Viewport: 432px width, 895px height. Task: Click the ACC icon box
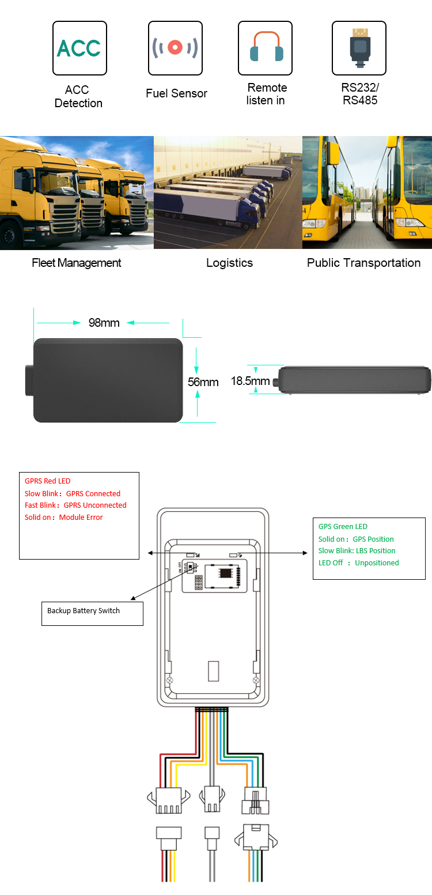(x=79, y=48)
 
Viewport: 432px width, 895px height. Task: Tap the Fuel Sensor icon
(x=175, y=48)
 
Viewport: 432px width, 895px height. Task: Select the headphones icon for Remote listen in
(x=266, y=48)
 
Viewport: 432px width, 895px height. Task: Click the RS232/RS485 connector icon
(x=359, y=48)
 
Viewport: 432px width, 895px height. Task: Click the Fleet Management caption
(x=77, y=263)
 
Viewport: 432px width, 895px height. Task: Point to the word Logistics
(x=229, y=263)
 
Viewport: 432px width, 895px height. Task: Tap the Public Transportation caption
(x=363, y=263)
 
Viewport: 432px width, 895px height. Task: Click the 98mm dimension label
(x=104, y=323)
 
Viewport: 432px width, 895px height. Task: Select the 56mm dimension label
(x=203, y=382)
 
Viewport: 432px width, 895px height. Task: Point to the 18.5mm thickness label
(x=250, y=381)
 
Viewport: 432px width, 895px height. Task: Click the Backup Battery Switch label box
(x=92, y=613)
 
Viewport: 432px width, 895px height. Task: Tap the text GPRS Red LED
(x=47, y=481)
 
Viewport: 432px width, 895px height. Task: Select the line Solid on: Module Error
(x=63, y=517)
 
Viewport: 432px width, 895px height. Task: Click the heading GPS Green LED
(x=343, y=526)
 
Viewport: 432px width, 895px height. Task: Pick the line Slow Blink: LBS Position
(x=357, y=550)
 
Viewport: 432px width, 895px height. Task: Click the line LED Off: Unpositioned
(x=358, y=562)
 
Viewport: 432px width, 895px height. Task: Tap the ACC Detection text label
(x=78, y=96)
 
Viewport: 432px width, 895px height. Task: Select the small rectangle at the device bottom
(x=213, y=671)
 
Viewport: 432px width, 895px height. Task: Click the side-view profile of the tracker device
(x=354, y=380)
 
